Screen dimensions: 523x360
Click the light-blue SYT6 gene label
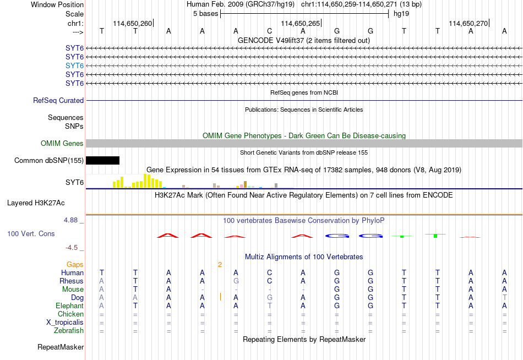click(74, 66)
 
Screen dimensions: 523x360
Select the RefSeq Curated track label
click(58, 100)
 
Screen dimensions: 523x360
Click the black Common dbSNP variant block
click(103, 161)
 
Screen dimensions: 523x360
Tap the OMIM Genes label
click(62, 144)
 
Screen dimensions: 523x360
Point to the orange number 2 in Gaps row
click(220, 265)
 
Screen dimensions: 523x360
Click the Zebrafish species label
click(69, 331)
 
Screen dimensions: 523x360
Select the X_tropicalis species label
click(65, 323)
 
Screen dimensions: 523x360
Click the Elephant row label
click(70, 306)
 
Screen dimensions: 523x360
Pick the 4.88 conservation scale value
click(70, 220)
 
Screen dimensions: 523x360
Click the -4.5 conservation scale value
click(72, 248)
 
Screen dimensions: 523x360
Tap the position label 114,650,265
click(301, 23)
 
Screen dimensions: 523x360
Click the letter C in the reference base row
click(270, 31)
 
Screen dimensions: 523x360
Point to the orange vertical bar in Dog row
click(220, 297)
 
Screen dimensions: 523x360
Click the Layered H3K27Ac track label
click(36, 203)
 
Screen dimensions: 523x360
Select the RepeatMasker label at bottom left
click(61, 347)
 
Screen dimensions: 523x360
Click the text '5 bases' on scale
click(205, 14)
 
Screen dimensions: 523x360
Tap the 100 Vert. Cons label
click(31, 234)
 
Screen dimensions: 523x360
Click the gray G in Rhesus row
click(236, 281)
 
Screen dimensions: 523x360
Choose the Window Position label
click(57, 4)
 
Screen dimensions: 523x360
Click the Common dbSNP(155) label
click(49, 161)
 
